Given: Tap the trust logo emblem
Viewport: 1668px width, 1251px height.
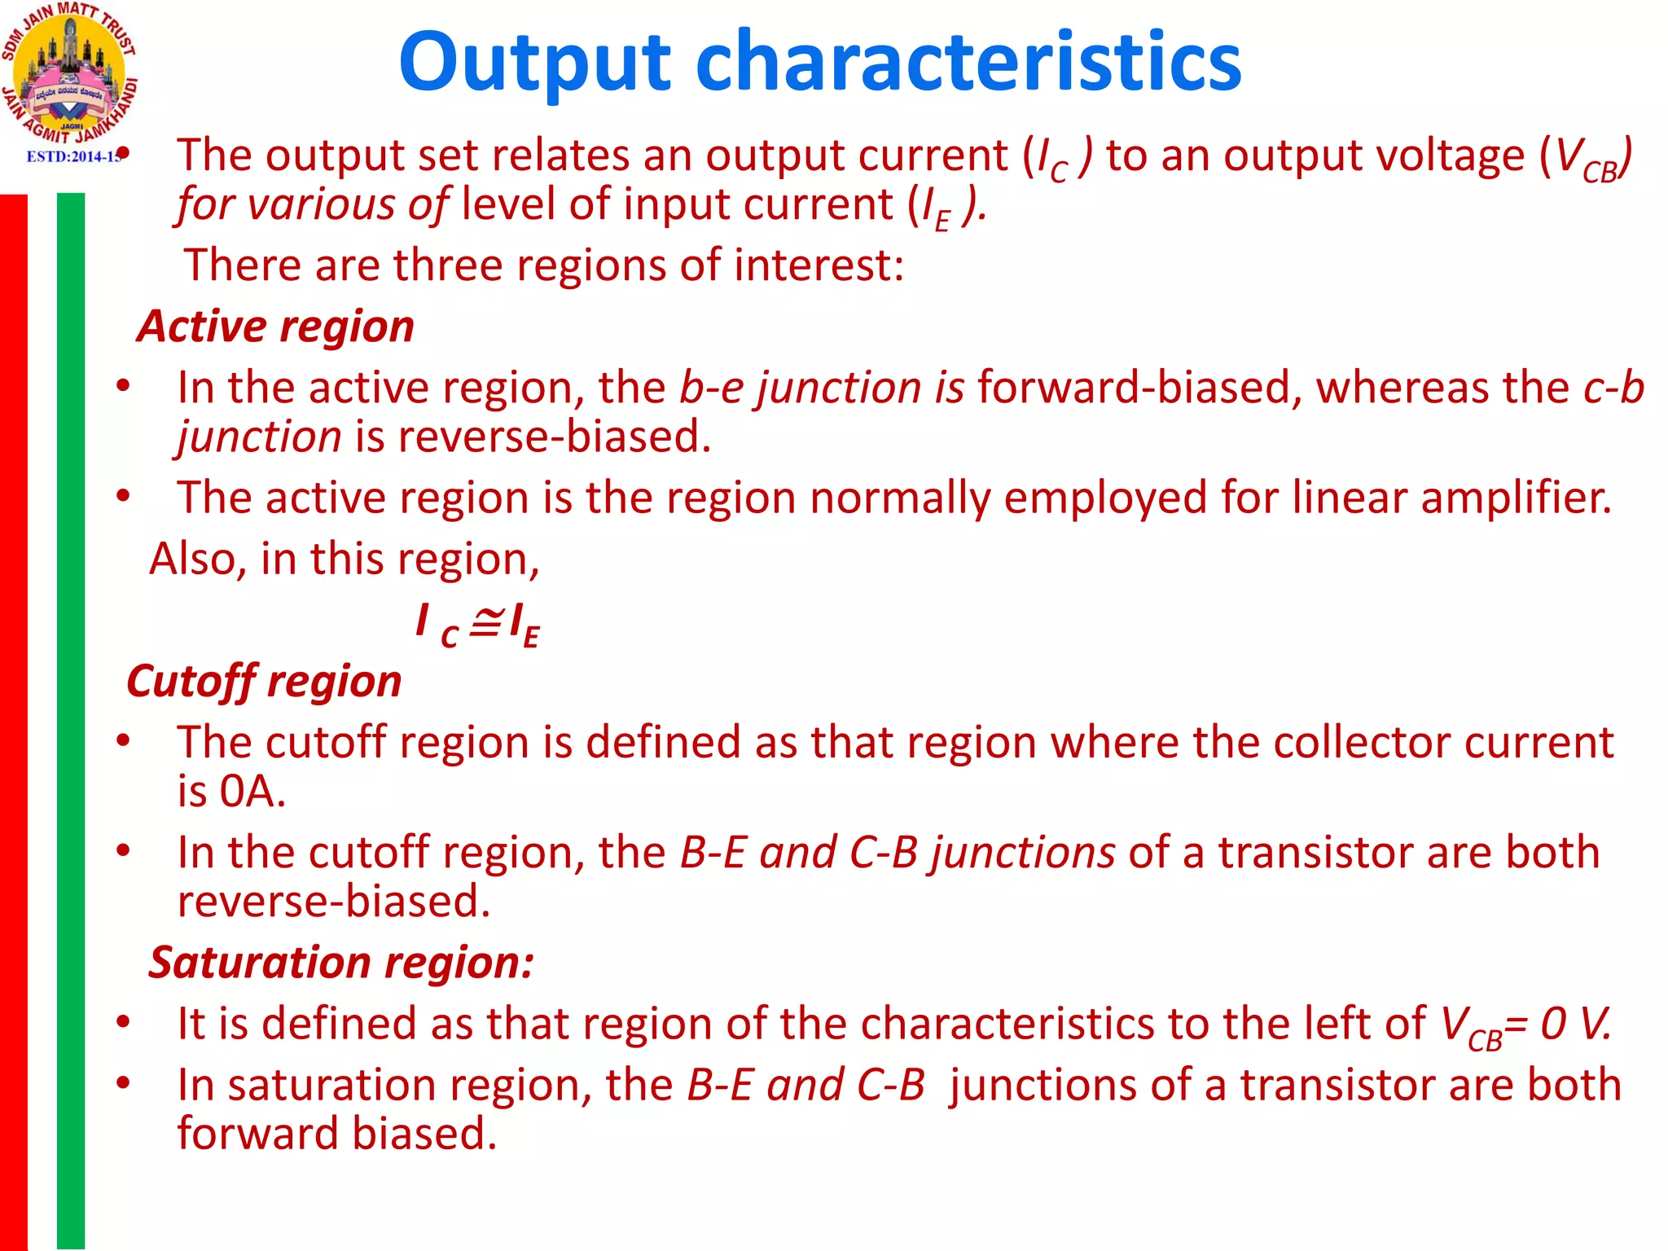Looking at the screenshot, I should [x=68, y=73].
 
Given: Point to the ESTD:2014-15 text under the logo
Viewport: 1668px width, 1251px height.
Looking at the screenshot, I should [x=73, y=156].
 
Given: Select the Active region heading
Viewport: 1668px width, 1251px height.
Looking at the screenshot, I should [x=275, y=327].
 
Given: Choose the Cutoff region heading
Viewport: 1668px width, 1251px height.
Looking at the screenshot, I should [x=264, y=682].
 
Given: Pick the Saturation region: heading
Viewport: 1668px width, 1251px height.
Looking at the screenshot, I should [x=341, y=963].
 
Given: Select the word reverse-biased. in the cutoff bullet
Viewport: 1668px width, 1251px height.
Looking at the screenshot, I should [x=334, y=902].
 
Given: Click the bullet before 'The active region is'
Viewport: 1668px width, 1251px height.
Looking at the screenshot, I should [x=123, y=496].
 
